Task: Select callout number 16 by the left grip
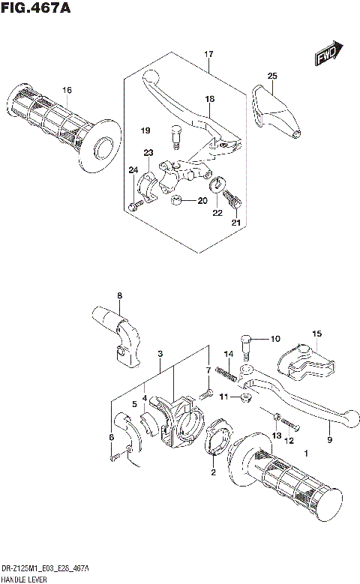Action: tap(67, 91)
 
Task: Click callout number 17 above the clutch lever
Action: tap(208, 54)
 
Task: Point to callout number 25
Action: tap(272, 76)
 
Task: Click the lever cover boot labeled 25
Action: tap(276, 114)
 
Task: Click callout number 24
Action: tap(133, 169)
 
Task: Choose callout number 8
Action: tap(118, 295)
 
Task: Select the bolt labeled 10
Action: tap(246, 343)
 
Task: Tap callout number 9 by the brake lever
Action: tap(328, 441)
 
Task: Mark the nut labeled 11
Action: tap(245, 396)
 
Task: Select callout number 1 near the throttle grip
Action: tap(305, 454)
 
